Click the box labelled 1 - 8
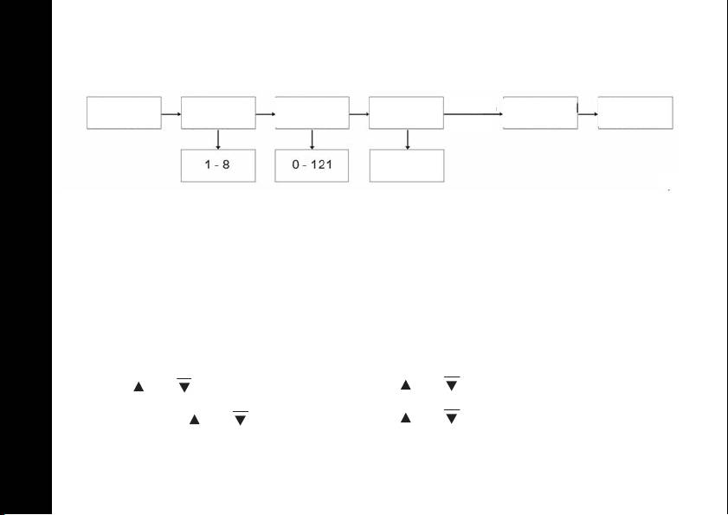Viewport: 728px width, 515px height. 218,165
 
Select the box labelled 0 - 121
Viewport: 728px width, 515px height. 312,165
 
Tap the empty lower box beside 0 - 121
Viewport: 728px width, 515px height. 406,165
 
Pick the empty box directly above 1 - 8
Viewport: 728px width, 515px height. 218,113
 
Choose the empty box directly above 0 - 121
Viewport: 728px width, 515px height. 312,113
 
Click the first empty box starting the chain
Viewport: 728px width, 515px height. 125,113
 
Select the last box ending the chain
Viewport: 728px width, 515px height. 635,113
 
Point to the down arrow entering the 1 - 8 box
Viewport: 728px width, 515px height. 218,139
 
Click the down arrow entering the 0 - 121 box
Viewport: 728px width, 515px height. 312,139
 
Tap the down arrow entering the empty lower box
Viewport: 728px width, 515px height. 407,139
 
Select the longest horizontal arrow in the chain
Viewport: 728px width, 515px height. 473,113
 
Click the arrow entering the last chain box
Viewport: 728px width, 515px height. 588,113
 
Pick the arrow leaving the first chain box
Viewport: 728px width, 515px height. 171,113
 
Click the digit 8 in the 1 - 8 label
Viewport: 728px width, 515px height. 226,165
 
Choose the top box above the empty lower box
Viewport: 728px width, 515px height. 406,113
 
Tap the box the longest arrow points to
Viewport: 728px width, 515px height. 540,113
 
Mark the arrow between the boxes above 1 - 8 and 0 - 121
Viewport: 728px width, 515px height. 265,113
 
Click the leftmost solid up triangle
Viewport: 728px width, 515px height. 137,387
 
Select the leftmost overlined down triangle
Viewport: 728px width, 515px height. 183,386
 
